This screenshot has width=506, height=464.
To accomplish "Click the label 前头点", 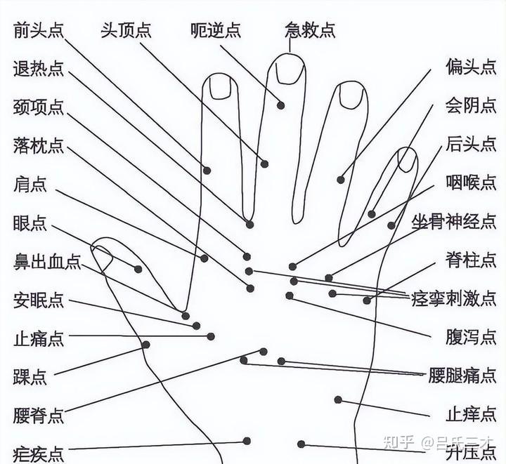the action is (39, 30).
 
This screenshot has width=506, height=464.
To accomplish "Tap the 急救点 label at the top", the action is (310, 30).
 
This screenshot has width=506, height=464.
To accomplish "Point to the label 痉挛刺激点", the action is (454, 298).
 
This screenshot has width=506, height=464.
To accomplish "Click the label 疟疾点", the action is (39, 452).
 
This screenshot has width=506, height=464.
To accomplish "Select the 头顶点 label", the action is (126, 30).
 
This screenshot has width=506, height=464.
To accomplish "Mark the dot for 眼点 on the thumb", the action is (138, 269).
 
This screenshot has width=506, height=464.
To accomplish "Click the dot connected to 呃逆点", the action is (280, 105).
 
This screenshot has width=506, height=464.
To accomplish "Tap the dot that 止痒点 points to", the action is (338, 400).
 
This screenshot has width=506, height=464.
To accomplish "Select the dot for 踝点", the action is (146, 345).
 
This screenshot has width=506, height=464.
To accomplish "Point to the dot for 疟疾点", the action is (247, 441).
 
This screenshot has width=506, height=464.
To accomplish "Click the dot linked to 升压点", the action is (301, 444).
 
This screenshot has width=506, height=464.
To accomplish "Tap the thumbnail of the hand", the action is (104, 260).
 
